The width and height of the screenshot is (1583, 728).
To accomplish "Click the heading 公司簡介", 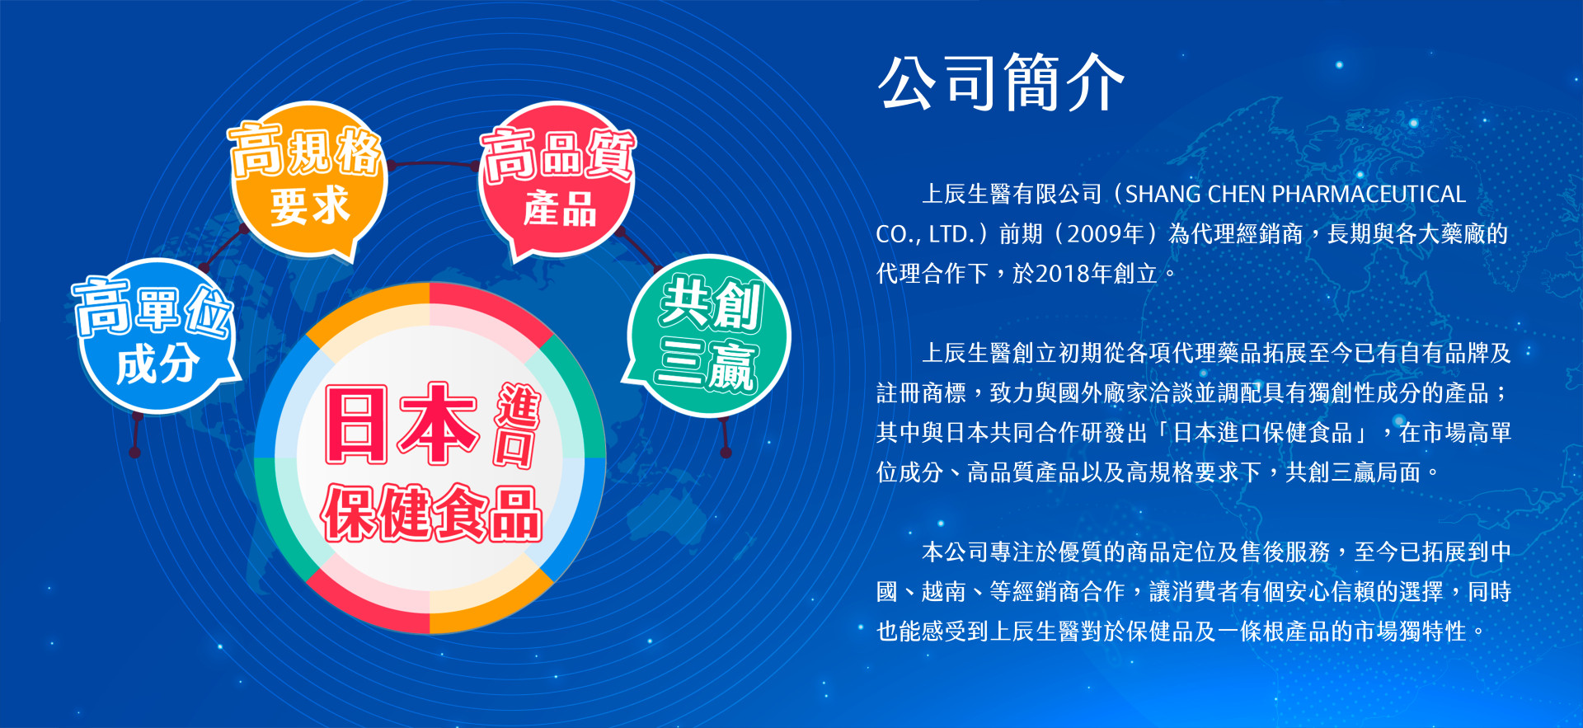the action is coord(1002,82).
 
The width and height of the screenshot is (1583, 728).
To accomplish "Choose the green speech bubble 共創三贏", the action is coord(707,335).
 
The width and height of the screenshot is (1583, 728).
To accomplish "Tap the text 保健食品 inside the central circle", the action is coord(431,514).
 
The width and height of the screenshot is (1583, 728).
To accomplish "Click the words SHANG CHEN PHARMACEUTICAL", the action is coord(1295,195).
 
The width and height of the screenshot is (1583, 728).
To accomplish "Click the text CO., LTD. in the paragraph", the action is coord(926,234).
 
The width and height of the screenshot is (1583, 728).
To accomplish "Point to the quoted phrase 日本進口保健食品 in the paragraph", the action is coord(1262,433).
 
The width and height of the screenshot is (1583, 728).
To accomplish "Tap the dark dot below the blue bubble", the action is coord(135,453).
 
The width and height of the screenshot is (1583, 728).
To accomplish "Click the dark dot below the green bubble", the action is coord(726,453).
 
